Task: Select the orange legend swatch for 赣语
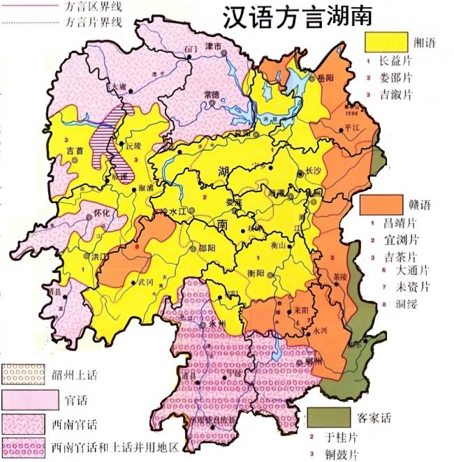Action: click(381, 204)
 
